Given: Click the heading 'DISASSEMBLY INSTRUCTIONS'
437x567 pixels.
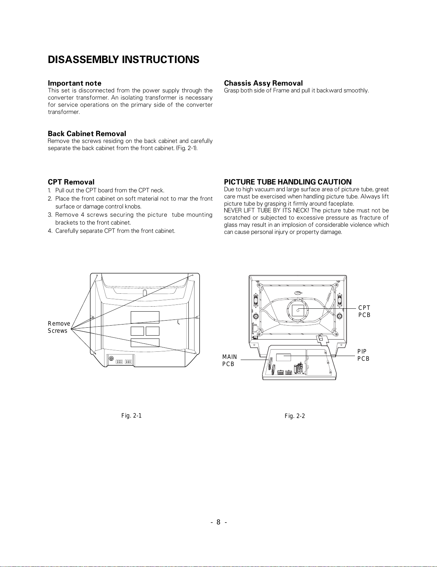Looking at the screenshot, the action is click(124, 59).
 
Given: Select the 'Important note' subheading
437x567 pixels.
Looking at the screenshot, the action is click(75, 83).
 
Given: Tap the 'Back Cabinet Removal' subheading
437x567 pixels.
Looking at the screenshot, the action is click(87, 134).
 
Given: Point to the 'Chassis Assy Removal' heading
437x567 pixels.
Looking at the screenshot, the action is click(263, 83).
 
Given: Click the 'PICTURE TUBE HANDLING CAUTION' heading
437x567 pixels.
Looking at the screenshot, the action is click(288, 182).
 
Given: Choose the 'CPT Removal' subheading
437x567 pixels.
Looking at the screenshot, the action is click(71, 182).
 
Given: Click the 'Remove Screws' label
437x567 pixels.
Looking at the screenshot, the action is click(59, 327).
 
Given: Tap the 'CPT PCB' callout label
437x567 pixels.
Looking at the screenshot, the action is click(364, 312).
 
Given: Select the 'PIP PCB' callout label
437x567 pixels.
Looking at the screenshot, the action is click(364, 355).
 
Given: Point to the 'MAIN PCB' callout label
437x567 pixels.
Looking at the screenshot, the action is click(230, 360).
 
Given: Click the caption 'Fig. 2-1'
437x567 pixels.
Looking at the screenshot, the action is click(131, 415).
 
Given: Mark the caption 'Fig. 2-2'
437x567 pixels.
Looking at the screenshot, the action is click(295, 416).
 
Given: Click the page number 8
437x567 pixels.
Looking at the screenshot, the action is click(218, 522).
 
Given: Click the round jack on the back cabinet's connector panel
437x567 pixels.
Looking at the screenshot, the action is click(111, 358).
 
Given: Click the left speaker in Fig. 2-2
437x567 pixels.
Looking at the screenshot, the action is click(256, 301).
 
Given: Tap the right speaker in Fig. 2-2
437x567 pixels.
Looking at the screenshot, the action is click(339, 301).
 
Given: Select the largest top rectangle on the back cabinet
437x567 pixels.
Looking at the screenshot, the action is click(145, 317).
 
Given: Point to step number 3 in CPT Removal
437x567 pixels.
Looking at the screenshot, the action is click(49, 215).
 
